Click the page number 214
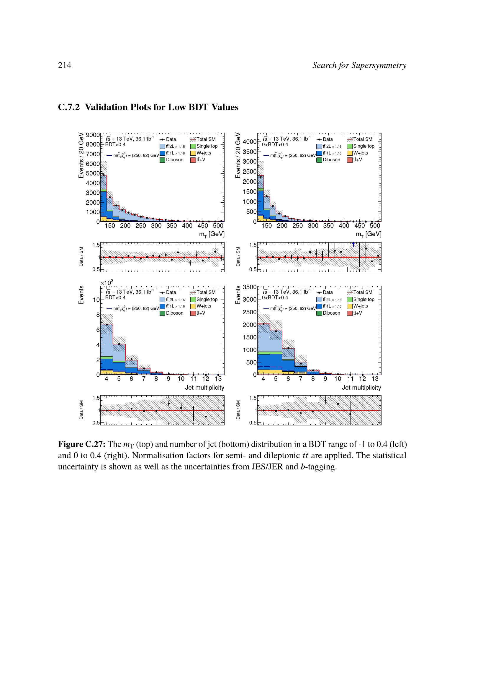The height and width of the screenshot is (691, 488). click(x=65, y=65)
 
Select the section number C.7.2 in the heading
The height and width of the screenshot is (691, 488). click(x=69, y=107)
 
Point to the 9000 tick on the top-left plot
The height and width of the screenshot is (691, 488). click(x=93, y=135)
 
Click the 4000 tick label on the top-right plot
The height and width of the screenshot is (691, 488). click(x=249, y=142)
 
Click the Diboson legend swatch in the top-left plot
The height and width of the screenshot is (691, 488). click(x=162, y=160)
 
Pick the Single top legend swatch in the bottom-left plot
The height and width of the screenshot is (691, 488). click(x=193, y=300)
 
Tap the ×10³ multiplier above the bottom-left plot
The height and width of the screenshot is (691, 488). click(x=107, y=283)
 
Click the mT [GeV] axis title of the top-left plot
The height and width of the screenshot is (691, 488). click(x=212, y=234)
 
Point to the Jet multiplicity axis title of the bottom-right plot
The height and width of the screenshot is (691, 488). click(x=361, y=388)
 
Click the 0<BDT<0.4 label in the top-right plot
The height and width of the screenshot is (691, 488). click(x=275, y=145)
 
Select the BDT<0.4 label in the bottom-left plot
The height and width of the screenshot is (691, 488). click(x=115, y=298)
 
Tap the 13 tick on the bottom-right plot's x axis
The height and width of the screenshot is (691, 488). click(x=375, y=379)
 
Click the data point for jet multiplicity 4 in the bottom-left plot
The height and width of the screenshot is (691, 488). click(x=107, y=324)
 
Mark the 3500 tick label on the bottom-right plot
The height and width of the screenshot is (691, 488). click(x=249, y=287)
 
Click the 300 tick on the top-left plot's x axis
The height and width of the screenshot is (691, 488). click(x=156, y=226)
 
